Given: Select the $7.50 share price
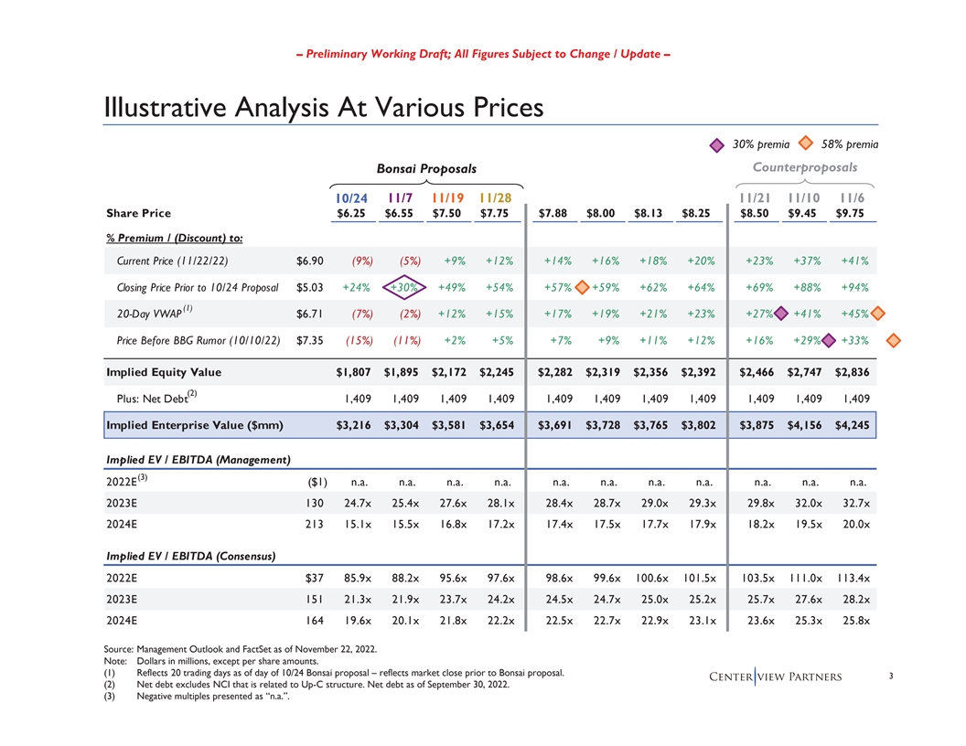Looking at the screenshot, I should (448, 214).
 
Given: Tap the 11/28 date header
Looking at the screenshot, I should (496, 197).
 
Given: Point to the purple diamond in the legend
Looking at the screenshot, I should (721, 144).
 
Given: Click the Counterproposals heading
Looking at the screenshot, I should (805, 167).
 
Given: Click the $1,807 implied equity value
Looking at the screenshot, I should (353, 372).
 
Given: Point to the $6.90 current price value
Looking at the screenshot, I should (311, 261).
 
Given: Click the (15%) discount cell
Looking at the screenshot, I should (354, 342).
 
